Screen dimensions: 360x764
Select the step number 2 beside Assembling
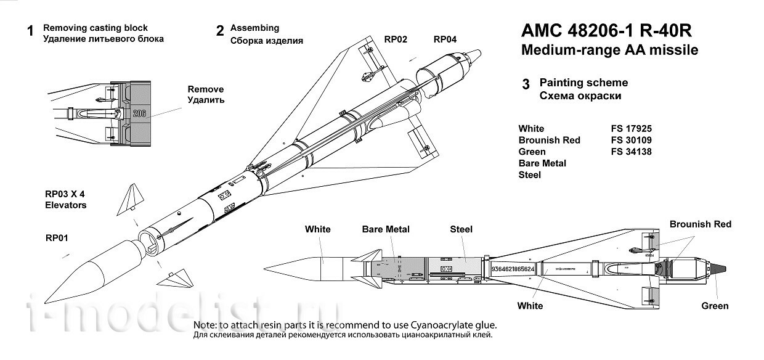220,31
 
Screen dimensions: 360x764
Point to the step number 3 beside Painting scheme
526,85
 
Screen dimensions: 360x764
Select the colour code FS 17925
630,129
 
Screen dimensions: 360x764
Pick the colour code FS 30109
630,140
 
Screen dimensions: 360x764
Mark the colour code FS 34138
630,152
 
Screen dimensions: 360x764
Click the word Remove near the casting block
206,89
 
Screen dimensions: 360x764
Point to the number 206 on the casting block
139,113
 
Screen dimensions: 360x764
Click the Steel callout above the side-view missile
461,229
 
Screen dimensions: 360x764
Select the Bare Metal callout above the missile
386,229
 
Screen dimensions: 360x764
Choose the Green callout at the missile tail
715,306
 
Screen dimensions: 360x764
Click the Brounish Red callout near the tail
700,224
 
